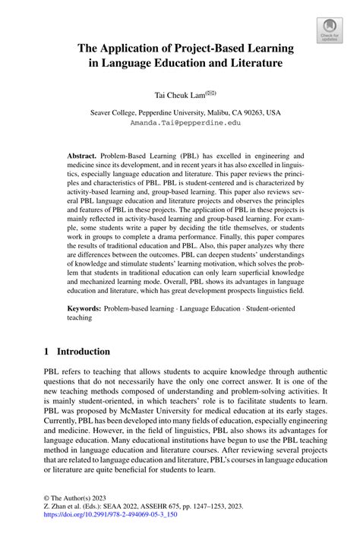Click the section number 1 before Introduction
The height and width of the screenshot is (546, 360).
pos(47,352)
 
